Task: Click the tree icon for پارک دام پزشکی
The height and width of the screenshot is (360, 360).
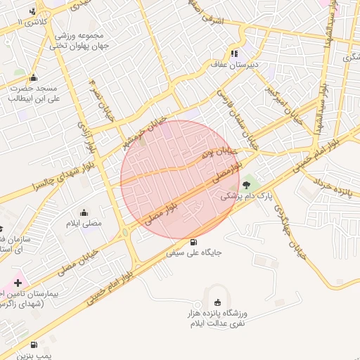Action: (247, 186)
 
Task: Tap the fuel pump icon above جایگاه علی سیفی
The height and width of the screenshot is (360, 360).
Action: (193, 240)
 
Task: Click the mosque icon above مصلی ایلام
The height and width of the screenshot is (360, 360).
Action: (85, 213)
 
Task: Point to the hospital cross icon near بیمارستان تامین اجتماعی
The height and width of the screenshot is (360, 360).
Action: (18, 282)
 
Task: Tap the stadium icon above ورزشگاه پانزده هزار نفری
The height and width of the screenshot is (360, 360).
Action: (217, 302)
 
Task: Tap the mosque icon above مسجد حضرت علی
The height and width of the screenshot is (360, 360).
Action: (33, 78)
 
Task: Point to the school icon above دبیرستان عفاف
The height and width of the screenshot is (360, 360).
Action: (234, 53)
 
